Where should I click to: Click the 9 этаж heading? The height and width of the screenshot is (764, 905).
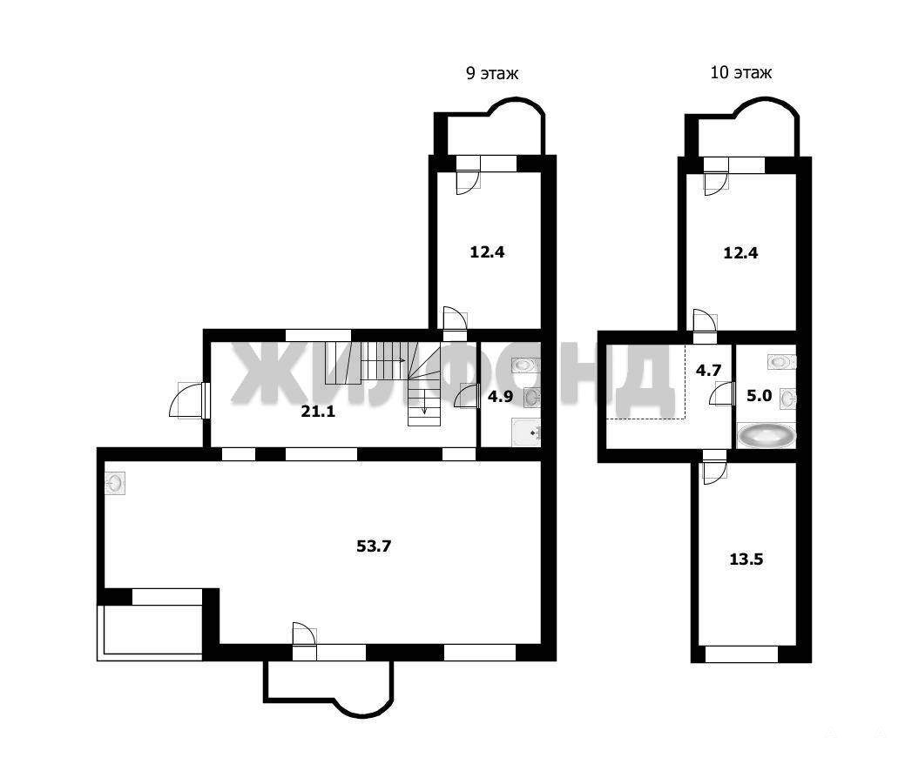[x=492, y=73]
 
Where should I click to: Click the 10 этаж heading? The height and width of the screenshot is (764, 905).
[x=740, y=72]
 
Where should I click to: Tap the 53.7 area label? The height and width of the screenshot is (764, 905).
[x=374, y=546]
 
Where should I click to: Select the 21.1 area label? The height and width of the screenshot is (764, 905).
[x=318, y=411]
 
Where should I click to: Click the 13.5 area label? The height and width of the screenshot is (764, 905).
[x=746, y=559]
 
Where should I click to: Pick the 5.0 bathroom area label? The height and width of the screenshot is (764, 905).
[x=759, y=396]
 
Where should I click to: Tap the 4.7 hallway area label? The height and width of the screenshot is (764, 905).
[x=709, y=370]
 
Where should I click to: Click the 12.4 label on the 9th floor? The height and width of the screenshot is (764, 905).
[x=487, y=252]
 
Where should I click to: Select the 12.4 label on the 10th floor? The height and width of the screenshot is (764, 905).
[x=740, y=252]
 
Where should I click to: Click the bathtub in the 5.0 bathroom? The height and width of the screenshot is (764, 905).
[x=766, y=435]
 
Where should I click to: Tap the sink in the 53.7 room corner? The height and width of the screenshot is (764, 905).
[x=116, y=483]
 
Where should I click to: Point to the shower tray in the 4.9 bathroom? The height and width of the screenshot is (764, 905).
[x=526, y=432]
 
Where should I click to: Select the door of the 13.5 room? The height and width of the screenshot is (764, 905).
[x=714, y=467]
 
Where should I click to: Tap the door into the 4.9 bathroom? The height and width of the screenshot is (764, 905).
[x=467, y=396]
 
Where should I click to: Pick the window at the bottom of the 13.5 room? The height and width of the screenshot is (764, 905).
[x=741, y=654]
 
